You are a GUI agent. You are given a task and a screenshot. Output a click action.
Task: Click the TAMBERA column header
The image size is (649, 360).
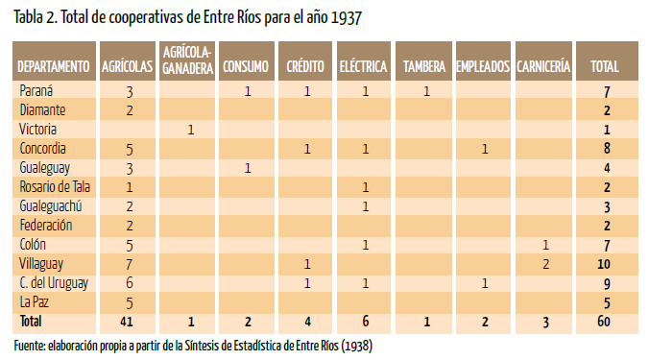[424, 66]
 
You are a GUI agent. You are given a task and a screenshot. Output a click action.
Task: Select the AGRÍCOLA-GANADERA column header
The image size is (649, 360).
[187, 60]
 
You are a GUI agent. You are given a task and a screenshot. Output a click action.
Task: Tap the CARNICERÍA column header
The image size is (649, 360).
[543, 66]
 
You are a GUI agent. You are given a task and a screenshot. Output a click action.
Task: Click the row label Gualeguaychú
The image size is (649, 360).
[51, 206]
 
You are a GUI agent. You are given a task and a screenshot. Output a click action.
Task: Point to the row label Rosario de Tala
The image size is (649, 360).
[55, 187]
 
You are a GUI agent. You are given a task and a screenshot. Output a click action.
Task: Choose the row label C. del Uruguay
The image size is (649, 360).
[54, 283]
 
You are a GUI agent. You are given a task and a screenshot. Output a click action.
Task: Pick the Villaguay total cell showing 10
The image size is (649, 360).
[604, 264]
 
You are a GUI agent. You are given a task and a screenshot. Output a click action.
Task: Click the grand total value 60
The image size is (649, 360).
[604, 322]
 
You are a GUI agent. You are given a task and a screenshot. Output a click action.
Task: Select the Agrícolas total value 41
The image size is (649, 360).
[127, 322]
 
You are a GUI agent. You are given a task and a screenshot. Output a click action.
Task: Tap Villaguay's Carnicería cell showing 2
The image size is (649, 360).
[546, 264]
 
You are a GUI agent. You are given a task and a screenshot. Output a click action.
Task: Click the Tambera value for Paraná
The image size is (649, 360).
[426, 91]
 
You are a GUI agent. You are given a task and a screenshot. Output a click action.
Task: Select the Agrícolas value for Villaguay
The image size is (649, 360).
[130, 264]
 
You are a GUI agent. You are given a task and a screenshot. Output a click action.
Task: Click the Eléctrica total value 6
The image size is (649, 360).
[366, 322]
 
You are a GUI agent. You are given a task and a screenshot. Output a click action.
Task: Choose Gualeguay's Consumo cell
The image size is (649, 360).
[248, 168]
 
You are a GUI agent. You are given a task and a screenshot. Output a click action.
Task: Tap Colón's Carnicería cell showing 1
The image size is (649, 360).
[546, 245]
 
